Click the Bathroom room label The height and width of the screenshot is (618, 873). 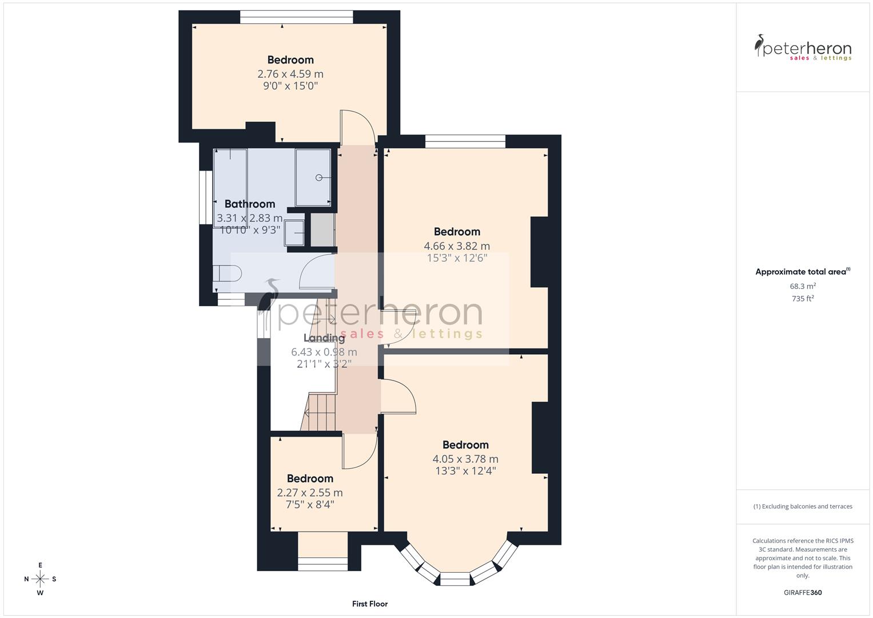249,204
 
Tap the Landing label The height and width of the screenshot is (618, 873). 324,338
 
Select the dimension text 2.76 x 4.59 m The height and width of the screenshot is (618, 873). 290,74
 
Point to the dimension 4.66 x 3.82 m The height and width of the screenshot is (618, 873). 456,246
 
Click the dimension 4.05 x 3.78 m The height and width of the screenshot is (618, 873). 465,459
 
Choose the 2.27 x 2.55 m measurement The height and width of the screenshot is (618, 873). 309,493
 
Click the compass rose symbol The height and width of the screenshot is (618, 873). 40,579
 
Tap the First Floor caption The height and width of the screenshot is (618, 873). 369,604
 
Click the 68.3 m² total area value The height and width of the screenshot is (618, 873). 802,286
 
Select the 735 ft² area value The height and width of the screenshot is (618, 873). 802,299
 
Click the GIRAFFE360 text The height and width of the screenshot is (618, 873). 802,593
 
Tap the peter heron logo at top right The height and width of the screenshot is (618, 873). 803,47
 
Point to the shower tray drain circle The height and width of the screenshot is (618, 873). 319,178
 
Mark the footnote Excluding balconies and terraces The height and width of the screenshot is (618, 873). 802,506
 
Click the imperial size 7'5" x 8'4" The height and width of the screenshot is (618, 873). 309,505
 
